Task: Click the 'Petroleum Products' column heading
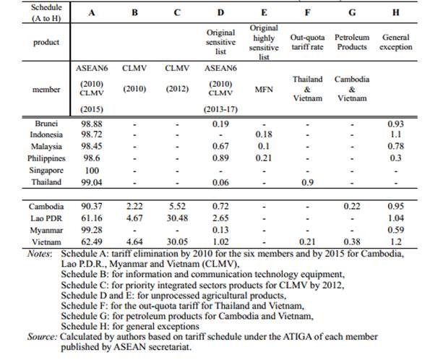coord(352,42)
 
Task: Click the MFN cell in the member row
coord(263,90)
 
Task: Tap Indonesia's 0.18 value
coord(263,135)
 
